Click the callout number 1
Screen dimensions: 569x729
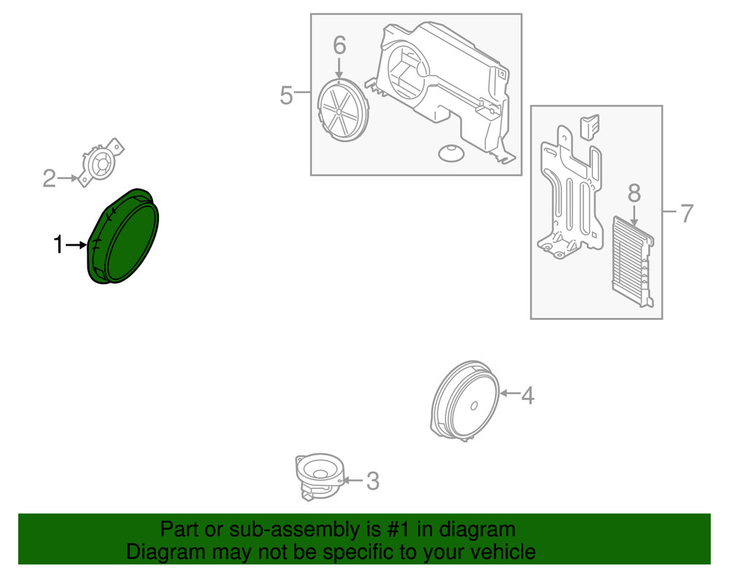click(x=59, y=246)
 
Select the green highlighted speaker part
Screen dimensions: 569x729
click(x=122, y=238)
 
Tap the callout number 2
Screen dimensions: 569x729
click(x=49, y=178)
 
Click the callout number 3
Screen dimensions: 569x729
click(x=373, y=481)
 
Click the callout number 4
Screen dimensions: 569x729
click(x=528, y=396)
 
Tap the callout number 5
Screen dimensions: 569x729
click(x=286, y=95)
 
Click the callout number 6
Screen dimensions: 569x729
click(x=339, y=45)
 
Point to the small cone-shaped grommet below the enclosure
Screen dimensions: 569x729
click(x=451, y=153)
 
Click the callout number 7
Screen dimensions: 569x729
click(x=686, y=213)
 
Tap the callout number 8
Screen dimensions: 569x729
click(x=634, y=193)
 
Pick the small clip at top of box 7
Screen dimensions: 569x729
click(x=589, y=125)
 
